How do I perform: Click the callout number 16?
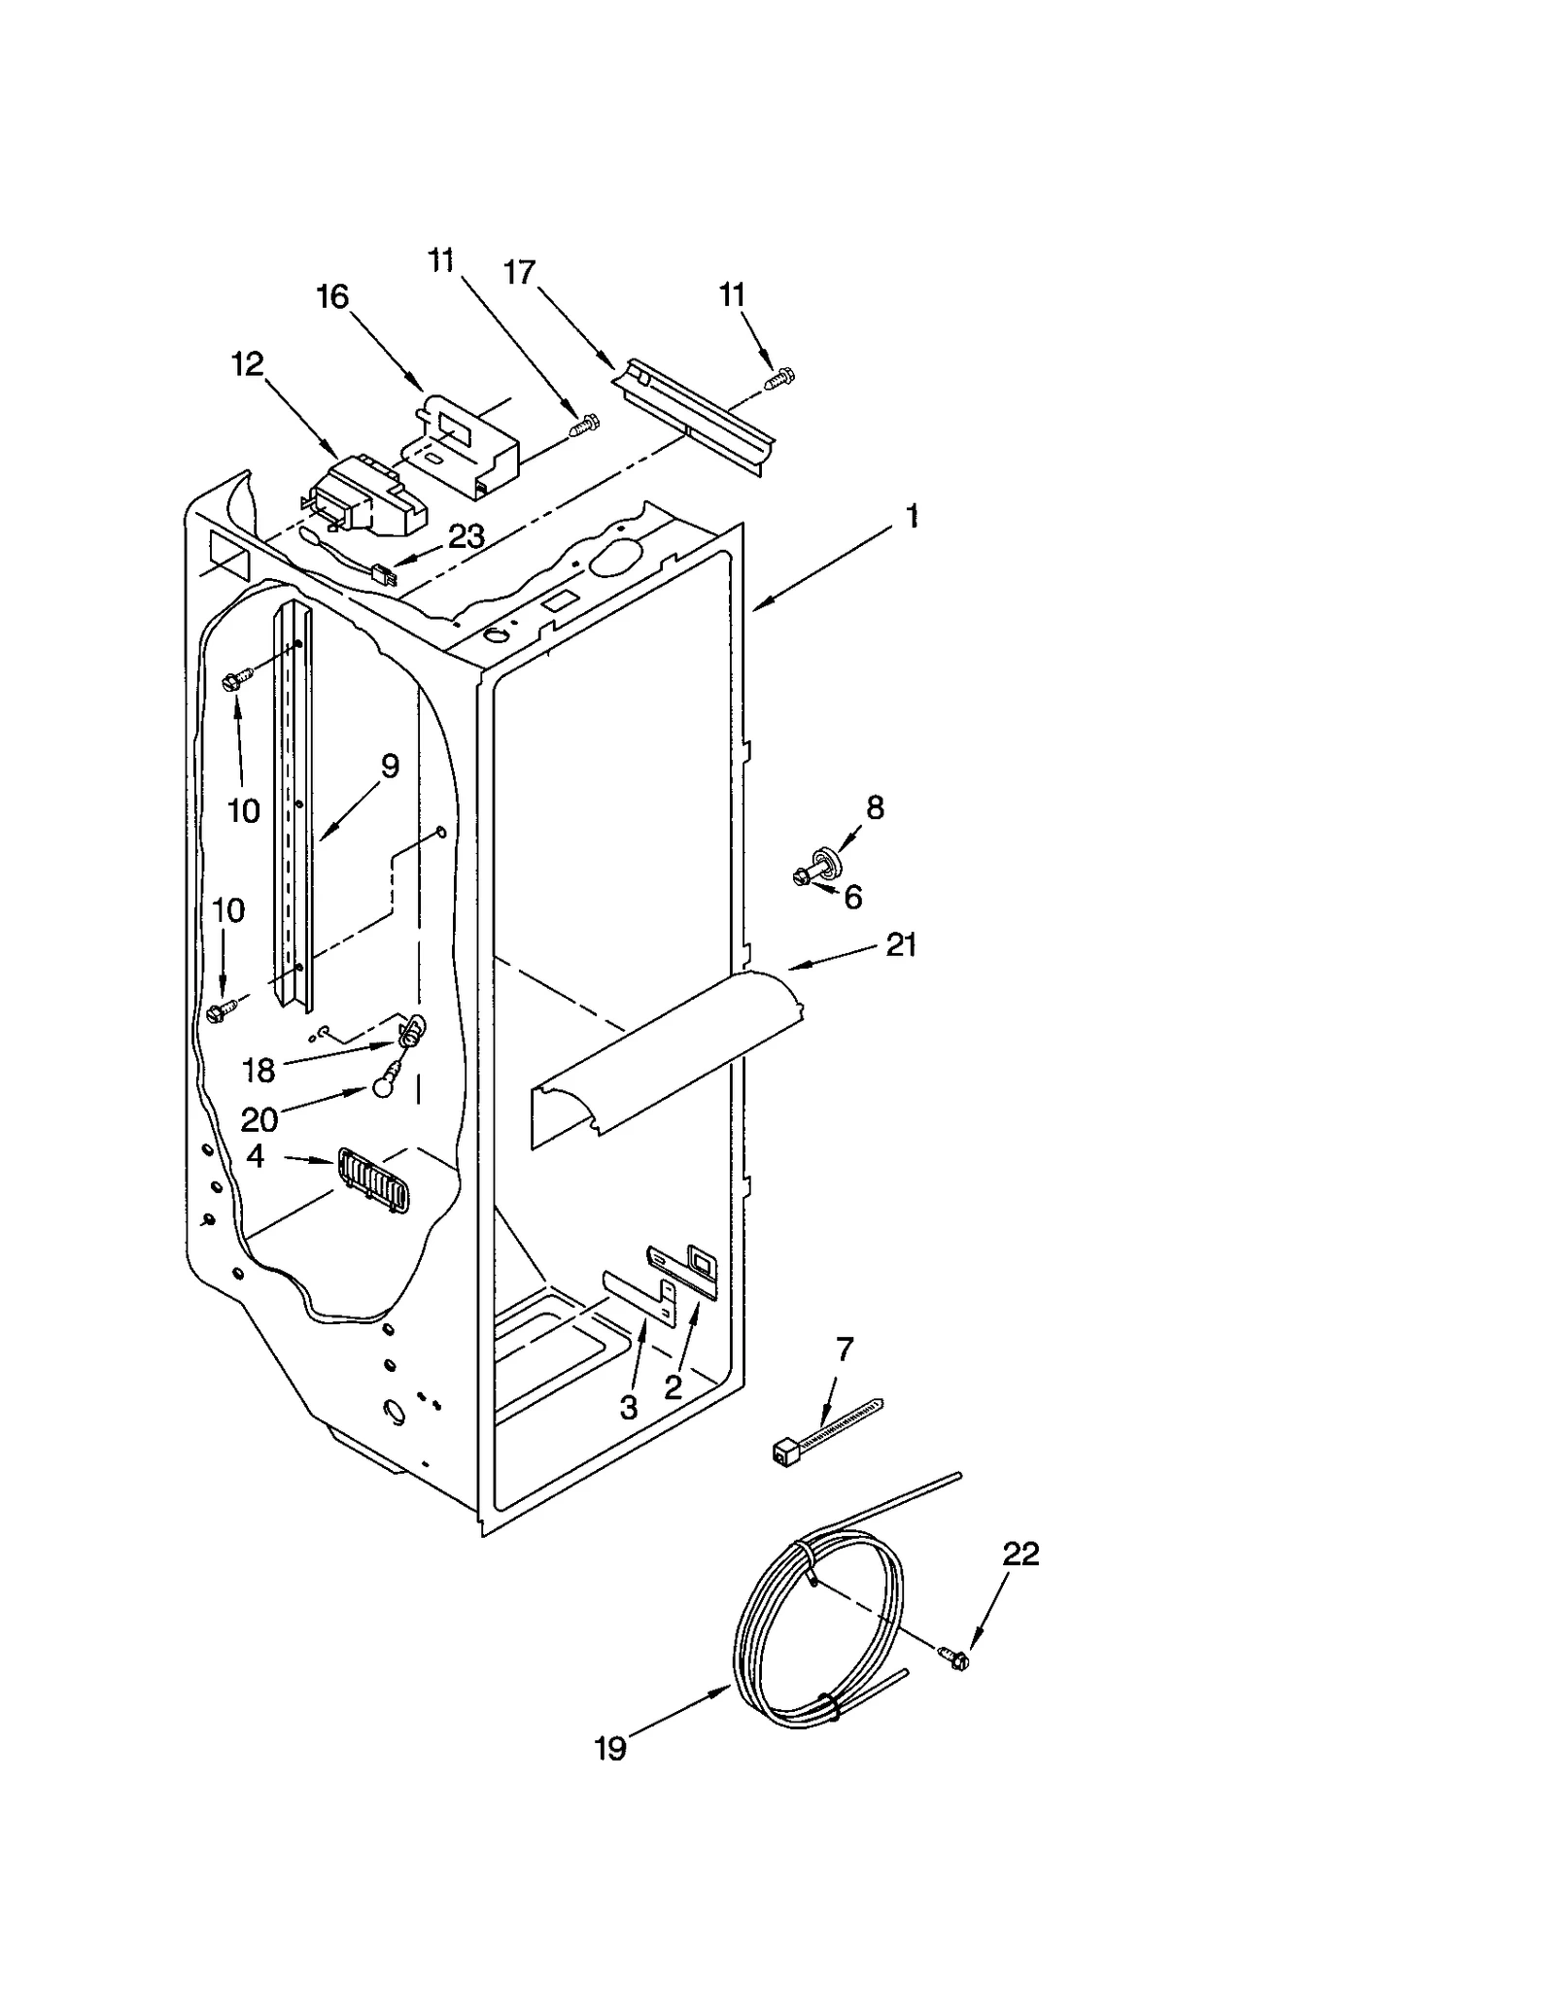pyautogui.click(x=332, y=297)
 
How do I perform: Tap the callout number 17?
pyautogui.click(x=520, y=273)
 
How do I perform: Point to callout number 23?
pyautogui.click(x=466, y=536)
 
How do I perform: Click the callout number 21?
pyautogui.click(x=901, y=944)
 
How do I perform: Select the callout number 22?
pyautogui.click(x=1020, y=1554)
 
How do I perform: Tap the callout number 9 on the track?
pyautogui.click(x=389, y=767)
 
